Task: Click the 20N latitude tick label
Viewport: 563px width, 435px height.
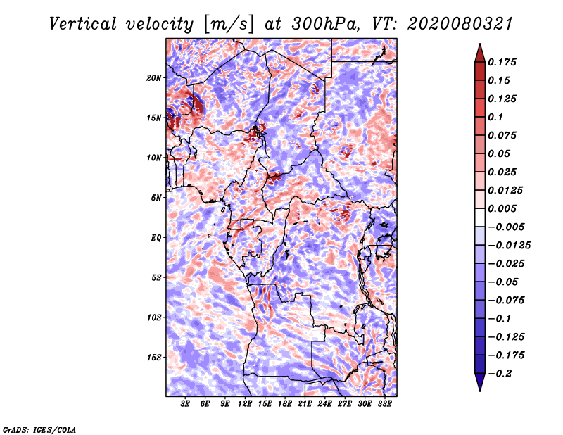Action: [153, 77]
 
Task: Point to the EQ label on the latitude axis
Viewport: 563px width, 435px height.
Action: [156, 238]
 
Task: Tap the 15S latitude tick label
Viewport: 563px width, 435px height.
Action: [154, 358]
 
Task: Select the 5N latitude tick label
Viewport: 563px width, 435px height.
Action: [156, 198]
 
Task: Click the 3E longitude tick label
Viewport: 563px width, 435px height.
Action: [185, 403]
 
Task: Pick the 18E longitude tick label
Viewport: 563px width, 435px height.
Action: [285, 403]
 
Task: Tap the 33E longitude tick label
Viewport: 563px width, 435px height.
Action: [384, 403]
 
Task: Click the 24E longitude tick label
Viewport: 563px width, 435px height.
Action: [324, 403]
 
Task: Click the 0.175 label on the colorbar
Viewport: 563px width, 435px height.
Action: [502, 62]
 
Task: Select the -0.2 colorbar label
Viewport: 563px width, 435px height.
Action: [500, 374]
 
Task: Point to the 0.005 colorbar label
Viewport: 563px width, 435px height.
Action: [502, 208]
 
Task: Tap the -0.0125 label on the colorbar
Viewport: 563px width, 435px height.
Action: [509, 246]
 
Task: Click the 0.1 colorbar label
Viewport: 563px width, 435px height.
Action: [495, 117]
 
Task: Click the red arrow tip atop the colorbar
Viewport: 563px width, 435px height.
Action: [480, 44]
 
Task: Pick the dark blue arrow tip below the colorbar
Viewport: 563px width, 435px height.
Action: [480, 391]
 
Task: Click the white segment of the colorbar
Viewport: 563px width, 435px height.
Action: [480, 217]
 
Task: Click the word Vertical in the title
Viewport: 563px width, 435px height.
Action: [83, 24]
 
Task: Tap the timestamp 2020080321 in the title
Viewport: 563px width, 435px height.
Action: [460, 24]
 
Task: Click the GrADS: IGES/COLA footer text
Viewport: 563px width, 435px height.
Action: [39, 429]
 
